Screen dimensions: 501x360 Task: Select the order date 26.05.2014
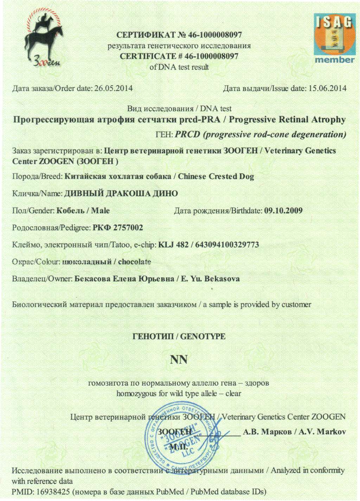[x=114, y=88]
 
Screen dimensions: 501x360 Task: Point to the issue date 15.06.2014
[x=327, y=88]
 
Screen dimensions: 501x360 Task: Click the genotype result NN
[x=179, y=360]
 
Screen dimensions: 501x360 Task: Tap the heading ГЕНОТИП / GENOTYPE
[x=179, y=336]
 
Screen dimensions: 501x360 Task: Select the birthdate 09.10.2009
[x=283, y=211]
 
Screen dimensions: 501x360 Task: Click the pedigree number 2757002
[x=127, y=227]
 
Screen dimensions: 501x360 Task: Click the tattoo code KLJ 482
[x=173, y=244]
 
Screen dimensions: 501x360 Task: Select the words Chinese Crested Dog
[x=216, y=176]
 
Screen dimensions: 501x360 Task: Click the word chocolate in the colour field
[x=135, y=262]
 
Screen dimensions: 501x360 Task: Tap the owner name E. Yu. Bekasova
[x=210, y=279]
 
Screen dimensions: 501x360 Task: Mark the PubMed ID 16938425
[x=49, y=491]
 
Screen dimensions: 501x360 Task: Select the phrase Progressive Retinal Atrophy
[x=287, y=120]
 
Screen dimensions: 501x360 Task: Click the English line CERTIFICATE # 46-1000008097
[x=179, y=56]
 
